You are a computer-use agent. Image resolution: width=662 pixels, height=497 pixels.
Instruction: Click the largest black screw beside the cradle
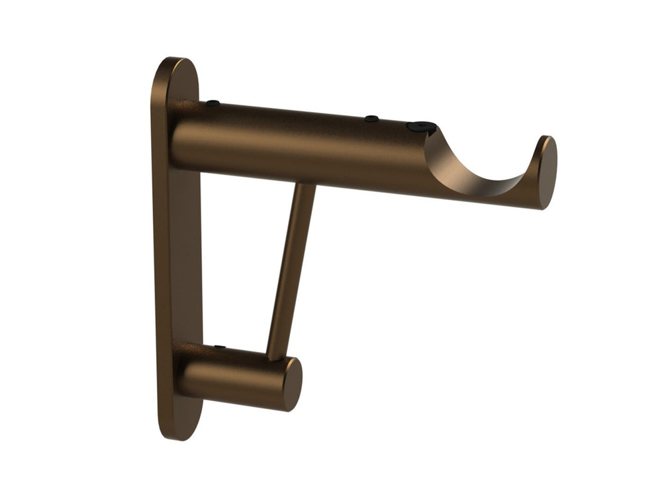tap(422, 127)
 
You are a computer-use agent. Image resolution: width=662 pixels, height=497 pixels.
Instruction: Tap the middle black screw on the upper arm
tap(372, 119)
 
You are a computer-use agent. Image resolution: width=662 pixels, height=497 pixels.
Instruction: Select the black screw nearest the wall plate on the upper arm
tap(213, 103)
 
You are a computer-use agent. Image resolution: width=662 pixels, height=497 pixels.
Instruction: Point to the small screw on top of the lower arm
tap(220, 347)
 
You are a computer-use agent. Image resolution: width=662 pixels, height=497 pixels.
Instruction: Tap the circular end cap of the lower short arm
tap(292, 384)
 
